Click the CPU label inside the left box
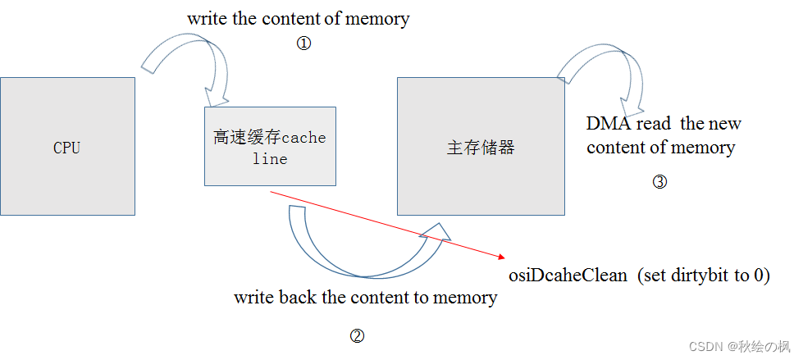(67, 148)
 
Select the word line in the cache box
(270, 159)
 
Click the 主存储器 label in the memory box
(481, 148)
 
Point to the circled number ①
(303, 44)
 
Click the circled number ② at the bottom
(357, 335)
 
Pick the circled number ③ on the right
(660, 182)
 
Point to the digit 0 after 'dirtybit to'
(760, 276)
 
